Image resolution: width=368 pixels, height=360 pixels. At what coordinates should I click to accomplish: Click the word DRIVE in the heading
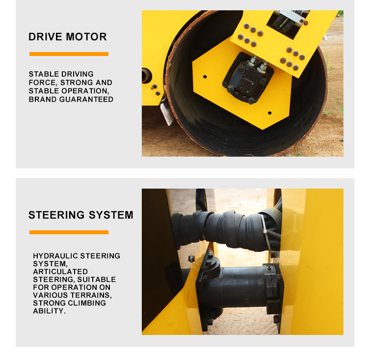click(46, 37)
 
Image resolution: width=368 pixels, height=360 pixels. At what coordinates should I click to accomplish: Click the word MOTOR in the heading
click(86, 37)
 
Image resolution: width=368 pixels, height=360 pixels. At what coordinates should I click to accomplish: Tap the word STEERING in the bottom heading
click(56, 215)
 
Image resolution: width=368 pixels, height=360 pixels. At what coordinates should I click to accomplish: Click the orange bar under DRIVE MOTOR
click(69, 54)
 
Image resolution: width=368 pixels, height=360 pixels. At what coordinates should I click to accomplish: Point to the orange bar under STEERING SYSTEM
click(69, 232)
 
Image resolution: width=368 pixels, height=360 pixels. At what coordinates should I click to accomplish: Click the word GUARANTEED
click(86, 99)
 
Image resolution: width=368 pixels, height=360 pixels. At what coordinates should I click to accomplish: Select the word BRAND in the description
click(43, 99)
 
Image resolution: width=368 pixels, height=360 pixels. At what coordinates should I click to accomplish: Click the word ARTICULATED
click(60, 272)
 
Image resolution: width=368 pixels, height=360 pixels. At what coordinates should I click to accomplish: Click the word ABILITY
click(49, 311)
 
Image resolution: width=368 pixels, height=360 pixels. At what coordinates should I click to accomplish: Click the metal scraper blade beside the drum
click(167, 111)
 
